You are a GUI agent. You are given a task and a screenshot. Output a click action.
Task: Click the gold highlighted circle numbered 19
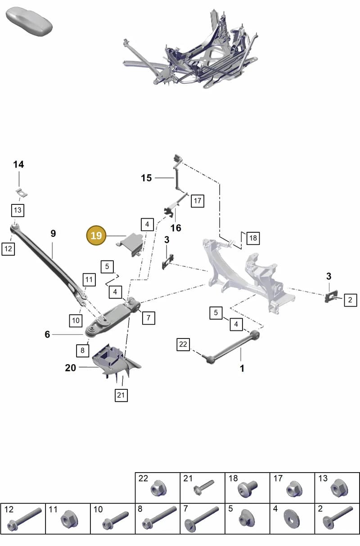tap(96, 235)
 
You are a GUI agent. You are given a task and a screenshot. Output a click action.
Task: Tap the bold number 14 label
tap(18, 165)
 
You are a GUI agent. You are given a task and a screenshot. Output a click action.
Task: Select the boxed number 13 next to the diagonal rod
tap(18, 210)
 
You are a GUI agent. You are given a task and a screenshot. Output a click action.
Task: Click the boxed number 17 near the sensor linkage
tap(198, 201)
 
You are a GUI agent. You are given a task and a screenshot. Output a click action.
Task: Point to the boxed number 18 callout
tap(253, 238)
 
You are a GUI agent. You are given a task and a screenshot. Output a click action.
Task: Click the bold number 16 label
tap(176, 228)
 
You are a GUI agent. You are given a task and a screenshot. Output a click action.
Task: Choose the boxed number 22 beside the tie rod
tap(183, 344)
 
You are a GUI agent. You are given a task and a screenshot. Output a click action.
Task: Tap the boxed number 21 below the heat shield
tap(121, 395)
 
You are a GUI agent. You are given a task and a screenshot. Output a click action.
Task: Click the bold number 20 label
tap(71, 368)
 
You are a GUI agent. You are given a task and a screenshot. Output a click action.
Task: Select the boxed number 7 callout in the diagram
tap(148, 318)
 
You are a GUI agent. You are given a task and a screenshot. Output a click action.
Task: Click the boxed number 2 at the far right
tap(350, 300)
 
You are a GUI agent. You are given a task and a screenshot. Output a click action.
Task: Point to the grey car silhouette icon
tap(29, 22)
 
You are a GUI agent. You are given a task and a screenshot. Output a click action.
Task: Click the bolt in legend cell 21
tap(203, 487)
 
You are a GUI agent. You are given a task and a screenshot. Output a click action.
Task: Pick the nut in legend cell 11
tap(69, 518)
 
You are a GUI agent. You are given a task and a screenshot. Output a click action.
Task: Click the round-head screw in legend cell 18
tap(247, 488)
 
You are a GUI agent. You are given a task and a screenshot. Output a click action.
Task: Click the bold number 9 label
tap(53, 234)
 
